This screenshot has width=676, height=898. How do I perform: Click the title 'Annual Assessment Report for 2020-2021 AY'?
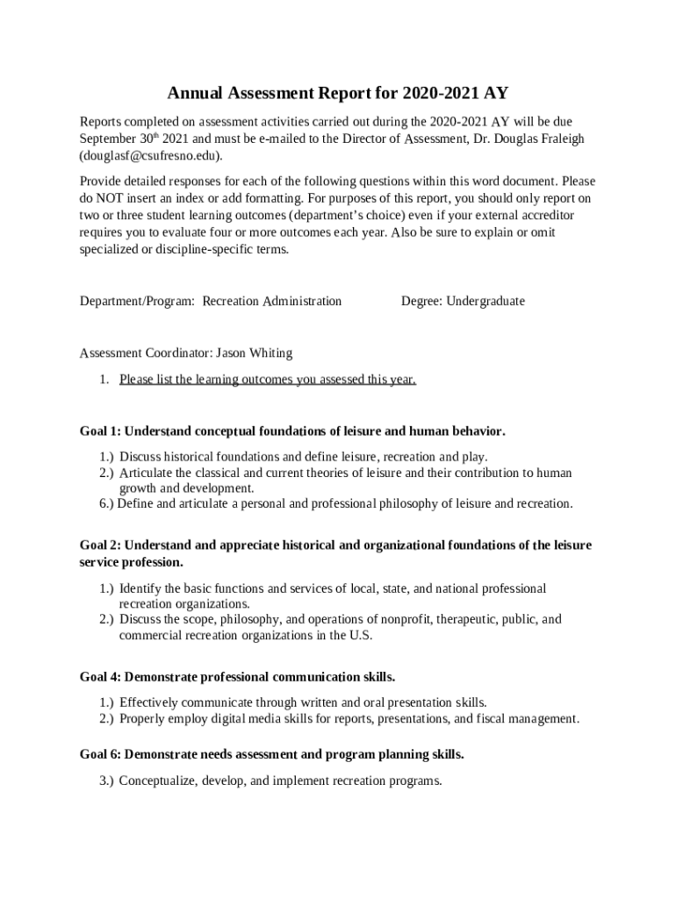(337, 94)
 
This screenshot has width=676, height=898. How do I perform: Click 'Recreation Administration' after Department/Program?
(272, 301)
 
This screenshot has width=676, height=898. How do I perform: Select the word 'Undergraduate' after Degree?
(485, 301)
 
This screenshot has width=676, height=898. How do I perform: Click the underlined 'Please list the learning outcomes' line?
(268, 379)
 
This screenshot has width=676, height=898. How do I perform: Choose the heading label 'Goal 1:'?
(100, 431)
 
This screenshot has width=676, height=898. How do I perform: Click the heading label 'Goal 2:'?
(100, 545)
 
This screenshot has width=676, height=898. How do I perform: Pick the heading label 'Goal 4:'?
(100, 677)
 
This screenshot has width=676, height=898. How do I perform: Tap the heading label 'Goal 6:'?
(100, 754)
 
